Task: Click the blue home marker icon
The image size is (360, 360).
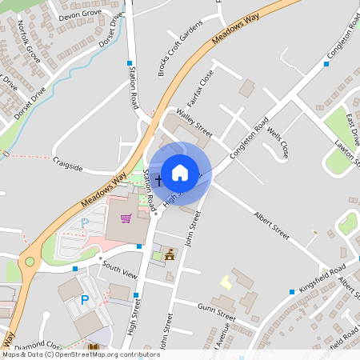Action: pyautogui.click(x=180, y=172)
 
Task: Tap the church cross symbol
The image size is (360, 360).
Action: pyautogui.click(x=158, y=181)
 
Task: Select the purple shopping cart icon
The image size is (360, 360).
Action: pyautogui.click(x=126, y=218)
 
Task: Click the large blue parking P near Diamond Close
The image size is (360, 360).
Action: pyautogui.click(x=84, y=301)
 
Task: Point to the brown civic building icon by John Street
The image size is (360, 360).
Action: pyautogui.click(x=170, y=256)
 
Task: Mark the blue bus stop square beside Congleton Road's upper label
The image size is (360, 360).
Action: pyautogui.click(x=326, y=63)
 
